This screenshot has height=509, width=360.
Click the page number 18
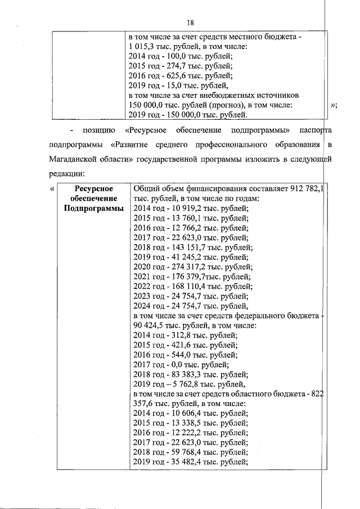[x=190, y=22]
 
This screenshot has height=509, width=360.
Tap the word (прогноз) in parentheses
[x=213, y=105]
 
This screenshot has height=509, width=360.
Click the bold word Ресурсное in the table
[x=93, y=189]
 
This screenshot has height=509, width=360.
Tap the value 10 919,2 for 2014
[x=181, y=209]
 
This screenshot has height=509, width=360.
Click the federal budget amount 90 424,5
[x=146, y=325]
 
